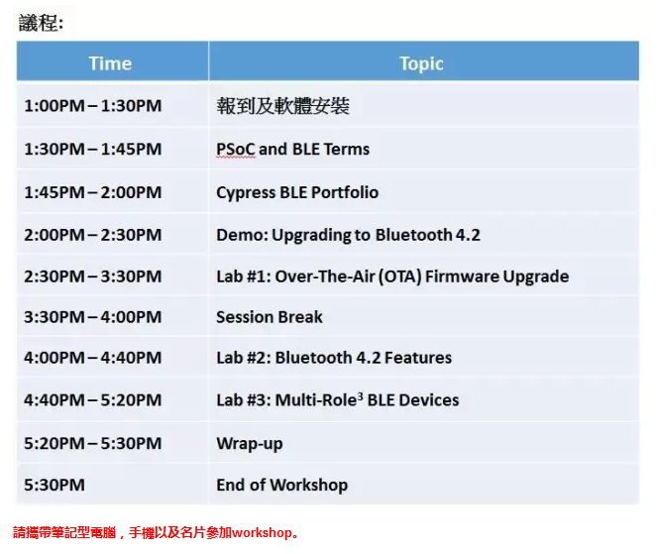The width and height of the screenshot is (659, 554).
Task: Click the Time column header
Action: coord(110,63)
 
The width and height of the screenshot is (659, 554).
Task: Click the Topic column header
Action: coord(421,63)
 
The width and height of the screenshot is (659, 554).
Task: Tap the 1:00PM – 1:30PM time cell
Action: coord(93,105)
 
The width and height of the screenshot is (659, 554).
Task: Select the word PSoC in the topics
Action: coord(236,150)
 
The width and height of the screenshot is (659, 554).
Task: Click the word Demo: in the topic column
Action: coord(242,235)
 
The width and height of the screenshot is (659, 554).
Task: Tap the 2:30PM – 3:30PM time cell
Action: coord(93,277)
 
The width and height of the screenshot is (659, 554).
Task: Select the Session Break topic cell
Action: coord(270,317)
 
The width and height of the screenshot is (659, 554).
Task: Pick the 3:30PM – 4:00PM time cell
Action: coord(93,317)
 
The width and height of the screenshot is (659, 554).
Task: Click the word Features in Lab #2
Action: coord(418,358)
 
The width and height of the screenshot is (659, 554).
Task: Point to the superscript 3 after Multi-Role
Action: coord(360,395)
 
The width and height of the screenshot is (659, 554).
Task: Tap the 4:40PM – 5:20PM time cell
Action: coord(93,399)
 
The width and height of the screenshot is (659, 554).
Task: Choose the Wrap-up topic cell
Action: coord(250,444)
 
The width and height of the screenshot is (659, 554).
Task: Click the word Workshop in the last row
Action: coord(309,485)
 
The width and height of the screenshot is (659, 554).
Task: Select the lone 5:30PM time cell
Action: coord(55,485)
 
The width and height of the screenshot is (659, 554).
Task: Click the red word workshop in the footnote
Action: coord(263,532)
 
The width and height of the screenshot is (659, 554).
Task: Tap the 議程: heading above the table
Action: coord(41,23)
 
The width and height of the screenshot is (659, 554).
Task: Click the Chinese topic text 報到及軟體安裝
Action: coord(282,105)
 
